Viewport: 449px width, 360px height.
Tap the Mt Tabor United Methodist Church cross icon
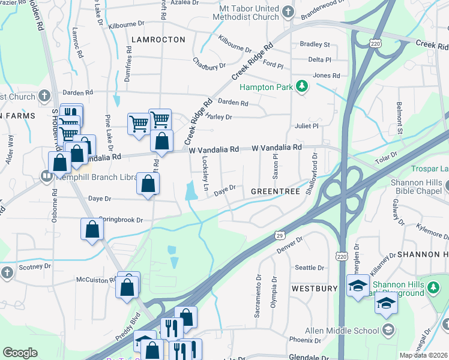(x=288, y=11)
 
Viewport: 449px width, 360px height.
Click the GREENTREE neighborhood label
(x=275, y=191)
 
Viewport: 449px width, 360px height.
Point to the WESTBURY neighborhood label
(x=315, y=289)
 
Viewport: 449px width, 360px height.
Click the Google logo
(x=20, y=352)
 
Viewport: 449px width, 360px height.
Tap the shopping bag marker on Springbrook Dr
(x=91, y=229)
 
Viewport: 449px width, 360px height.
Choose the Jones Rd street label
(x=327, y=76)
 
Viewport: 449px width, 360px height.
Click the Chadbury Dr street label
(x=208, y=63)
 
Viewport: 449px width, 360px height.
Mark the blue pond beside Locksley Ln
(x=191, y=191)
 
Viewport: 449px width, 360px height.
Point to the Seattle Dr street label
(x=309, y=268)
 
